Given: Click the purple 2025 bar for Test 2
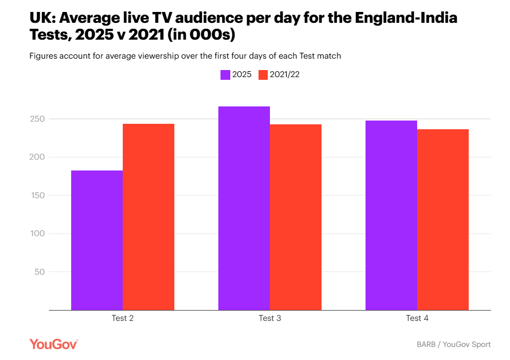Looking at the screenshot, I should (x=97, y=240).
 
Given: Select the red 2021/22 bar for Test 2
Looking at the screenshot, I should (x=148, y=217).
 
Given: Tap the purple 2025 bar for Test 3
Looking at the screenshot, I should (x=244, y=208).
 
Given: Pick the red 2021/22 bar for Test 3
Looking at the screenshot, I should (x=295, y=217).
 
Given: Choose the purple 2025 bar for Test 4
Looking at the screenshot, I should (x=391, y=215).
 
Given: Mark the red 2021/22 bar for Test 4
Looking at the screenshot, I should (x=443, y=219).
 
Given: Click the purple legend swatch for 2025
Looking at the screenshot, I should (x=225, y=75).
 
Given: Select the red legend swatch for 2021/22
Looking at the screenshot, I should (x=263, y=75).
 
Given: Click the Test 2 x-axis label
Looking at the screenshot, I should (x=122, y=318).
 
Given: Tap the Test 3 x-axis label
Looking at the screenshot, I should (x=270, y=318).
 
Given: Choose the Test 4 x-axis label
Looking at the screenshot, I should (x=417, y=318).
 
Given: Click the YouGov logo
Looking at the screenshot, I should (x=54, y=344).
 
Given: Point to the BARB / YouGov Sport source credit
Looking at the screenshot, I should (x=454, y=344).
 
